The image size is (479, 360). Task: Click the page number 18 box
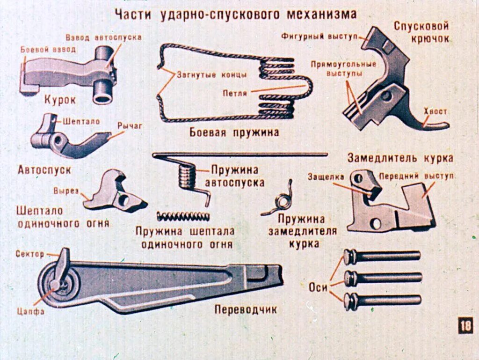465,325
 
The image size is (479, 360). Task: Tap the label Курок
60,100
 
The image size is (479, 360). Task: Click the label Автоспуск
44,169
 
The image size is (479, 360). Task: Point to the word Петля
235,93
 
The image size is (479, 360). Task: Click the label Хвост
435,111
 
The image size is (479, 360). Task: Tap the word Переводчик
246,309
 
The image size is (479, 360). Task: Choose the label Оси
318,287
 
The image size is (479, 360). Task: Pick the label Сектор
30,254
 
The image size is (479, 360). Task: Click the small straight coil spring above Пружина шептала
182,216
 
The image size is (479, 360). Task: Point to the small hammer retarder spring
282,200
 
